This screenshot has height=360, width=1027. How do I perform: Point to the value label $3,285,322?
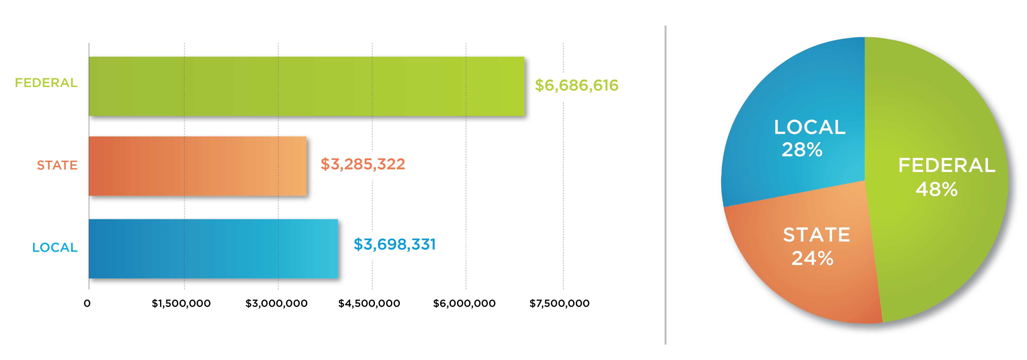[362, 164]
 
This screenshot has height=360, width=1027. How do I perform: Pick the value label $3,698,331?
[394, 244]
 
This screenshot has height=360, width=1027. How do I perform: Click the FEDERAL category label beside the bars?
[46, 83]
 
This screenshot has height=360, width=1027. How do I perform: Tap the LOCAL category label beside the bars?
[55, 248]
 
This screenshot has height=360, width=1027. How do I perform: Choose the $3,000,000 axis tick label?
[276, 304]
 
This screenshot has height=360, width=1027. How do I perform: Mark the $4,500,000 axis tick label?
[369, 304]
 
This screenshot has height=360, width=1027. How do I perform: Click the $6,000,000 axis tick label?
[464, 304]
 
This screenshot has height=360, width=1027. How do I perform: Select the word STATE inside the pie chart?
[817, 235]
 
